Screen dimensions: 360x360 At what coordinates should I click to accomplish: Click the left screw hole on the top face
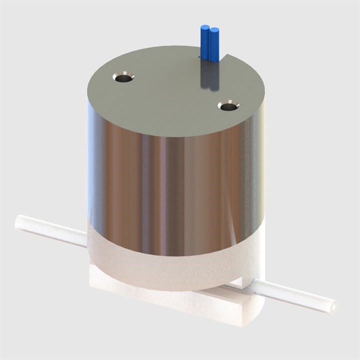(123, 77)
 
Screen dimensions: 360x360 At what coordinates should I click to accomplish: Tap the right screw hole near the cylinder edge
(228, 106)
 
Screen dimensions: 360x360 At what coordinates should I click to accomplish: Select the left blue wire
(204, 42)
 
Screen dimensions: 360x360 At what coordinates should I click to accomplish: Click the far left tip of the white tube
(19, 220)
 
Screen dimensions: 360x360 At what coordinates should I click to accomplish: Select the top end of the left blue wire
(204, 27)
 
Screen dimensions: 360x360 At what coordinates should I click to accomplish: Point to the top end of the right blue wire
(215, 30)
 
